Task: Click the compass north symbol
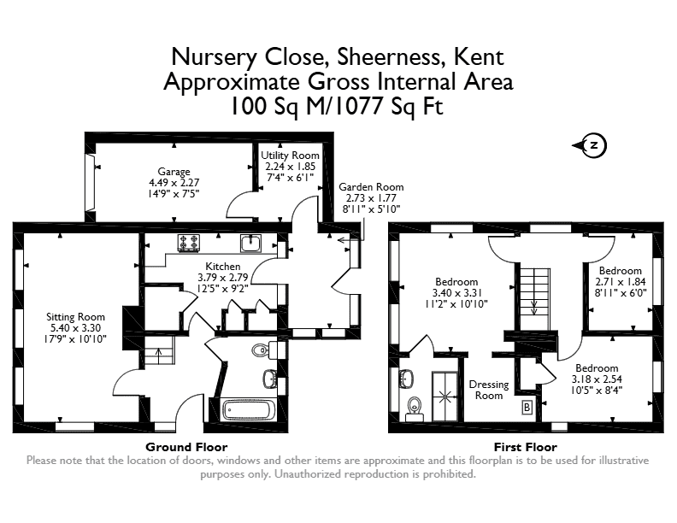pyautogui.click(x=590, y=145)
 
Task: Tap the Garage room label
pyautogui.click(x=174, y=171)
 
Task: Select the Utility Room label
pyautogui.click(x=290, y=156)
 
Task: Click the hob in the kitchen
pyautogui.click(x=189, y=243)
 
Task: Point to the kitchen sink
pyautogui.click(x=250, y=244)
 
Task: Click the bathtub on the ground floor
pyautogui.click(x=249, y=410)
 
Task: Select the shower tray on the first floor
pyautogui.click(x=444, y=397)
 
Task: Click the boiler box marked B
pyautogui.click(x=527, y=407)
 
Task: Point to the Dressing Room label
pyautogui.click(x=489, y=390)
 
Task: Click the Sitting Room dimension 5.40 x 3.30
pyautogui.click(x=75, y=328)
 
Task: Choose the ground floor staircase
pyautogui.click(x=158, y=350)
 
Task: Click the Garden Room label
pyautogui.click(x=371, y=187)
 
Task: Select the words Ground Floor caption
pyautogui.click(x=186, y=447)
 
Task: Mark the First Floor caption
pyautogui.click(x=526, y=447)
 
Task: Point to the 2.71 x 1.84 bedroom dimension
pyautogui.click(x=621, y=282)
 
